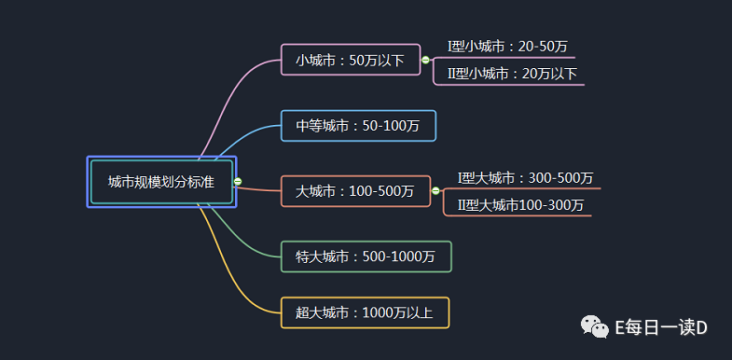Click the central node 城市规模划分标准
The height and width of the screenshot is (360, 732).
(x=160, y=182)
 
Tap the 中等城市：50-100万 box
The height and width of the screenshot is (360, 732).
(x=358, y=126)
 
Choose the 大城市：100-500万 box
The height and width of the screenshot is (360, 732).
(x=355, y=191)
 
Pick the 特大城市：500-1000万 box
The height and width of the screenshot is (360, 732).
(x=366, y=256)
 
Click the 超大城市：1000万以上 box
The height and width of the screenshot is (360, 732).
(x=365, y=312)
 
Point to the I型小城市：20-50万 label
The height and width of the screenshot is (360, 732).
(x=507, y=46)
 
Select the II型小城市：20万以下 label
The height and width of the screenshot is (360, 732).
(x=512, y=73)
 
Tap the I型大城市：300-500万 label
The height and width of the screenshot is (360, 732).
(x=525, y=177)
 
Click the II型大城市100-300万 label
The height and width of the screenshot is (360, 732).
(x=520, y=204)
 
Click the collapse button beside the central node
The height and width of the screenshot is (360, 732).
(x=238, y=182)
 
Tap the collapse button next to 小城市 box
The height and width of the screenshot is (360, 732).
(x=426, y=60)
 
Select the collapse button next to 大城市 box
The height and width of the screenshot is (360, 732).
(x=435, y=191)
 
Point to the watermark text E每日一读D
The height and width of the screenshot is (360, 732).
(x=662, y=327)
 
